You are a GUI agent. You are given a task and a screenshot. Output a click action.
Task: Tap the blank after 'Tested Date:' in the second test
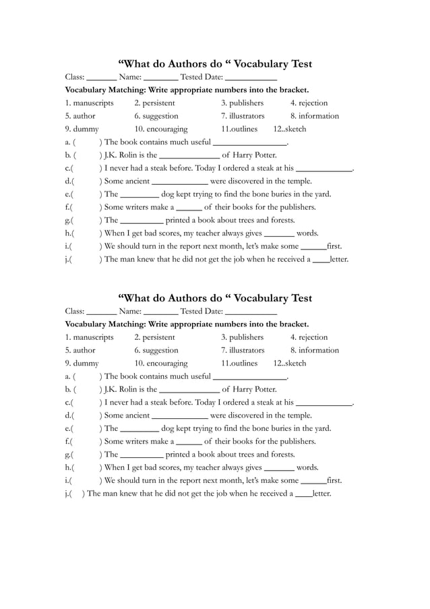point(251,312)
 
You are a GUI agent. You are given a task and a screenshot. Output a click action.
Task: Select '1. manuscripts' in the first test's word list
point(90,103)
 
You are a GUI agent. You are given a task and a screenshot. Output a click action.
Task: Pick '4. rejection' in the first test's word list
point(309,103)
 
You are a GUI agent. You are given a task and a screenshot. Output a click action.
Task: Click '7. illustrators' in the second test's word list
point(243,350)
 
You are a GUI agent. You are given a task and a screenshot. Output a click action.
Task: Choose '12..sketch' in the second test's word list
point(289,363)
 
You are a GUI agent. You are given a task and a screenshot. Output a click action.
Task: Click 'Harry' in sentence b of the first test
point(245,155)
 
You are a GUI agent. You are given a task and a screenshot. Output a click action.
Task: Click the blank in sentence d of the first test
point(181,181)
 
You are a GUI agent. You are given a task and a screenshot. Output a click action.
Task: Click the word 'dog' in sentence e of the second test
point(167,428)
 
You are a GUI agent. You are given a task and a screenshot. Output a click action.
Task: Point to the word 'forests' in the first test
point(282,220)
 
